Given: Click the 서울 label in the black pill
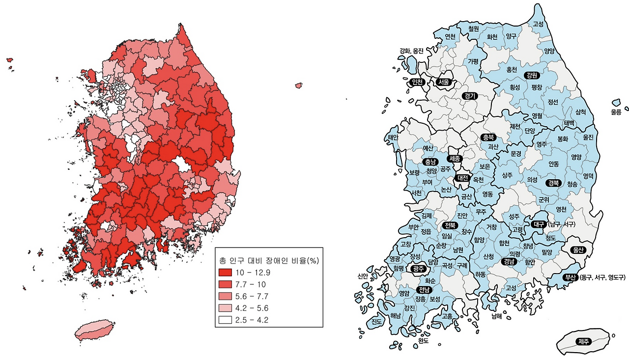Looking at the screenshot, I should pos(444,82).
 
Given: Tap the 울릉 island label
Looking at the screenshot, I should pos(616,112).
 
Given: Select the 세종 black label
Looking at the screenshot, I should pos(455,159).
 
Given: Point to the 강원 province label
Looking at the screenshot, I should pos(531,75).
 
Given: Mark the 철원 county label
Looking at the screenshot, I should pos(474,29).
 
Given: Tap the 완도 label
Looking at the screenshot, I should pos(423,340).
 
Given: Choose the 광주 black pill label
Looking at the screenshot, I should pos(419,268).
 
